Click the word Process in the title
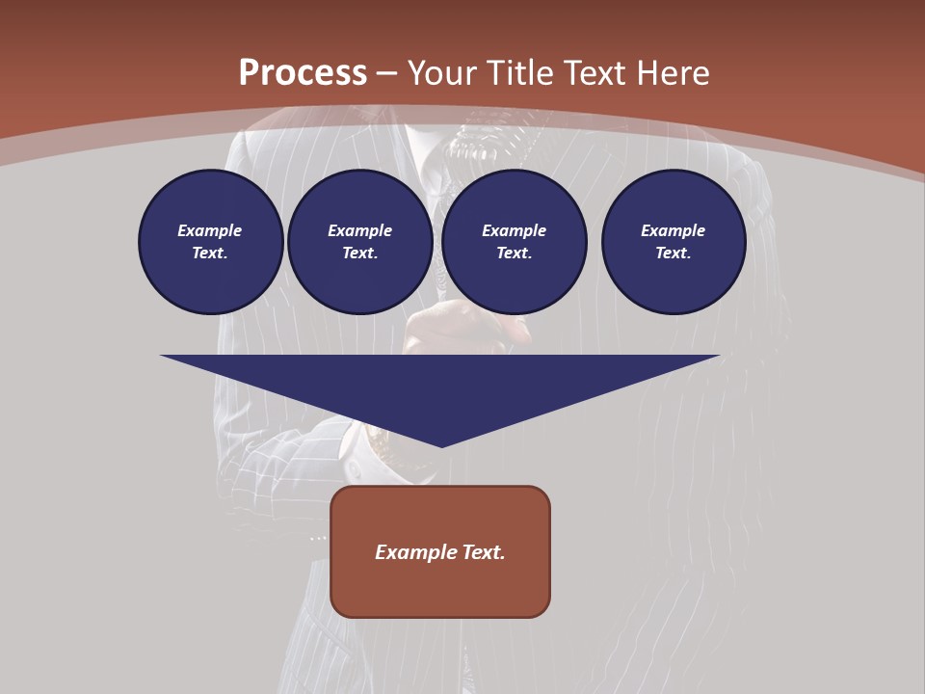pyautogui.click(x=303, y=73)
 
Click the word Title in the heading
pyautogui.click(x=519, y=73)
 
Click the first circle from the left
pyautogui.click(x=210, y=242)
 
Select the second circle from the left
pyautogui.click(x=359, y=242)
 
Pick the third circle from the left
pyautogui.click(x=514, y=242)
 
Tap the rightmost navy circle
pyautogui.click(x=673, y=242)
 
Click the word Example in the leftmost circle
pyautogui.click(x=210, y=230)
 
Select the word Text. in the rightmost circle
pyautogui.click(x=673, y=254)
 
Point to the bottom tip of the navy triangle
pyautogui.click(x=441, y=445)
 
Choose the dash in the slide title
pyautogui.click(x=386, y=74)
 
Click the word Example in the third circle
pyautogui.click(x=514, y=230)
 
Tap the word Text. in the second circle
pyautogui.click(x=359, y=254)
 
